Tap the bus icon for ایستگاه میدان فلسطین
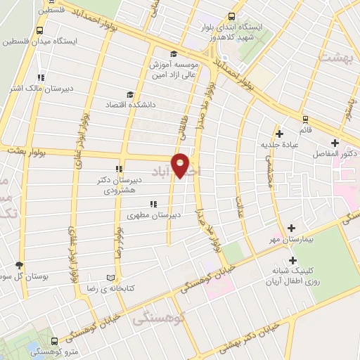[x=39, y=31]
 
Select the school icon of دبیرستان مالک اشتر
[x=41, y=77]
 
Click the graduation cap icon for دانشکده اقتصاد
[x=129, y=95]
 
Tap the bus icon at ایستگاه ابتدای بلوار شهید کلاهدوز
[x=231, y=17]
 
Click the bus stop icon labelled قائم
[x=304, y=119]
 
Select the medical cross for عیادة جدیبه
[x=279, y=133]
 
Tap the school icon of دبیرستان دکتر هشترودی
[x=120, y=169]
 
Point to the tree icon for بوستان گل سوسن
[x=19, y=265]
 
